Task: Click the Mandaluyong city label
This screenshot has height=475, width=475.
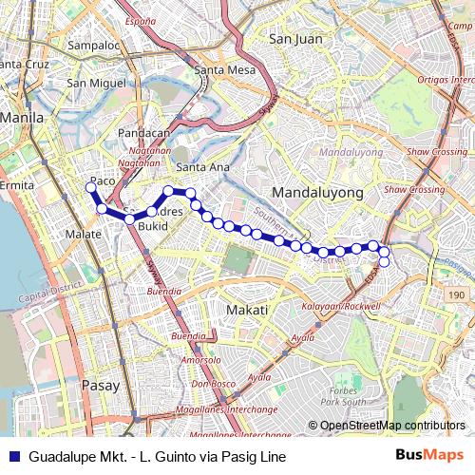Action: [317, 192]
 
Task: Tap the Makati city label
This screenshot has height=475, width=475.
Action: [247, 310]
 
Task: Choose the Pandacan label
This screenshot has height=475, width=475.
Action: [142, 135]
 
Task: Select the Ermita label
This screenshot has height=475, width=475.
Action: [16, 185]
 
